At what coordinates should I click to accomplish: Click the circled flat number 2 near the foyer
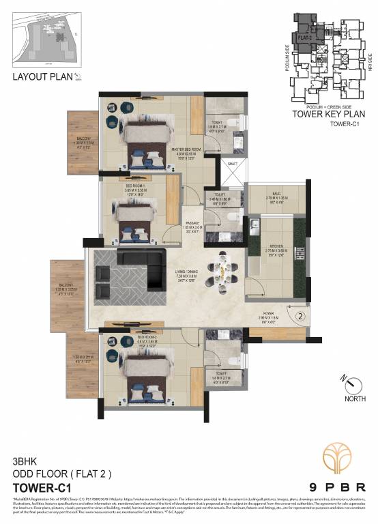(298, 315)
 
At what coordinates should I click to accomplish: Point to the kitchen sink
(252, 224)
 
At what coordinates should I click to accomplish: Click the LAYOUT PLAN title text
(42, 76)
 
